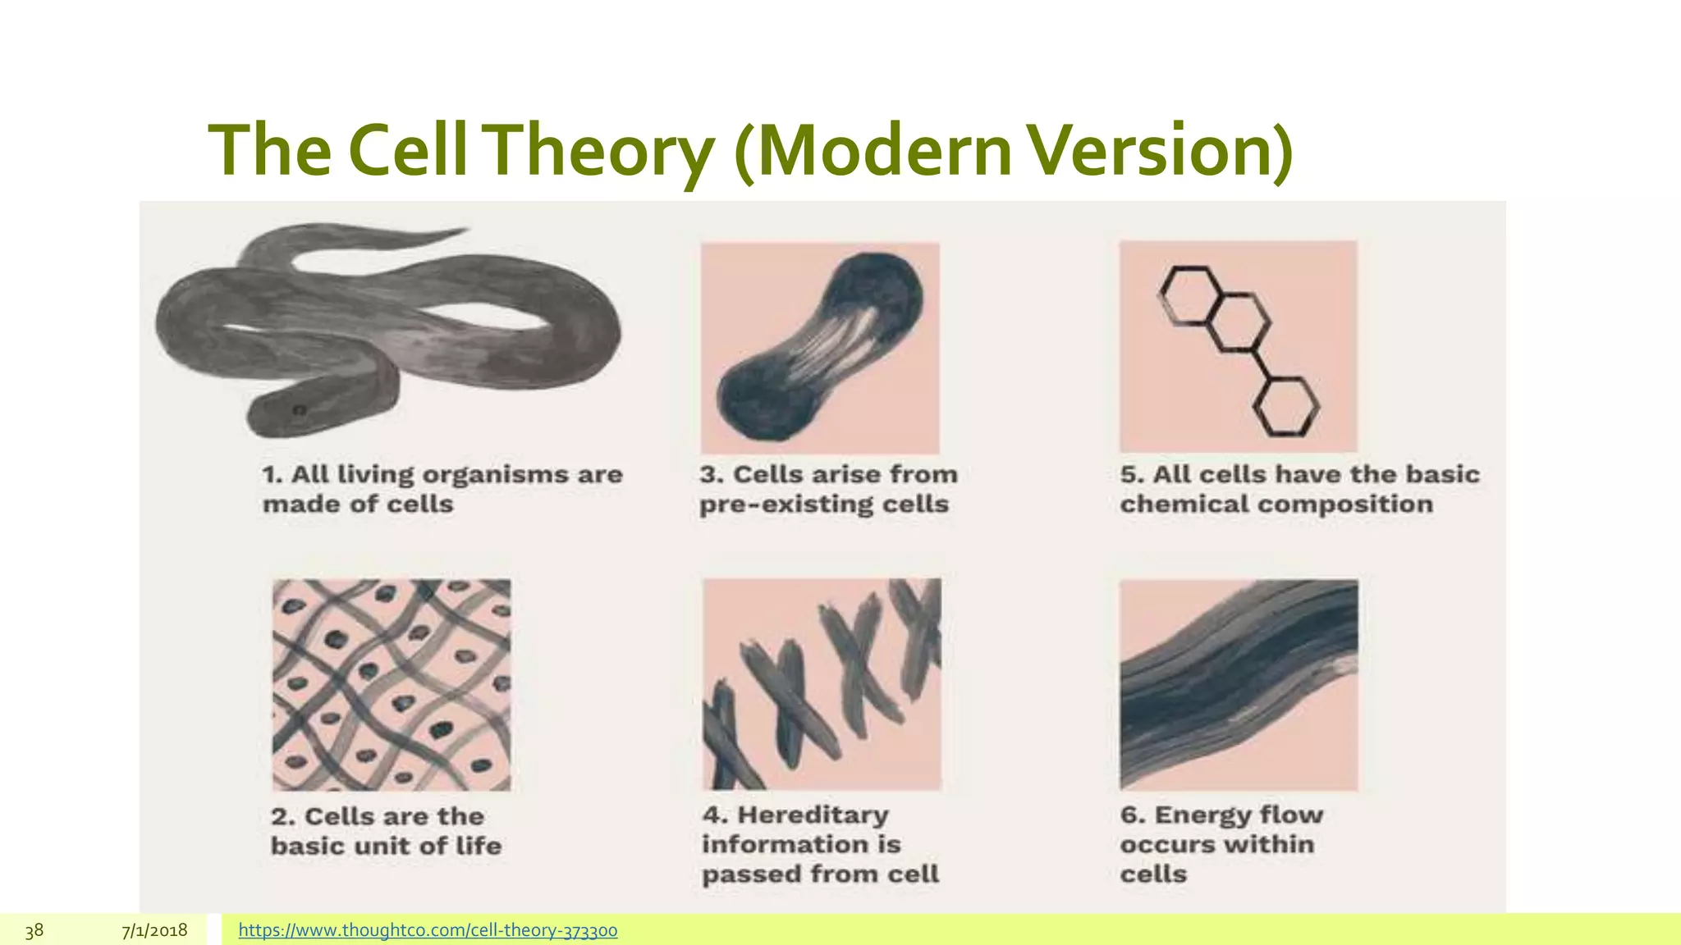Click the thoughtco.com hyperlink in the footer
coord(428,930)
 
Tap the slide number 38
coord(34,930)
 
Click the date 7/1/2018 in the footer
coord(154,930)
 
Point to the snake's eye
coord(300,409)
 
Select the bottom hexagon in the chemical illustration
coord(1285,405)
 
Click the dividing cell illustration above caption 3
coord(820,348)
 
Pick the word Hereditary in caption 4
coord(813,815)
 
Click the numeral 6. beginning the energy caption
coord(1133,815)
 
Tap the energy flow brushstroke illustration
coord(1239,684)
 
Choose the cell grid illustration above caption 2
coord(392,684)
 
